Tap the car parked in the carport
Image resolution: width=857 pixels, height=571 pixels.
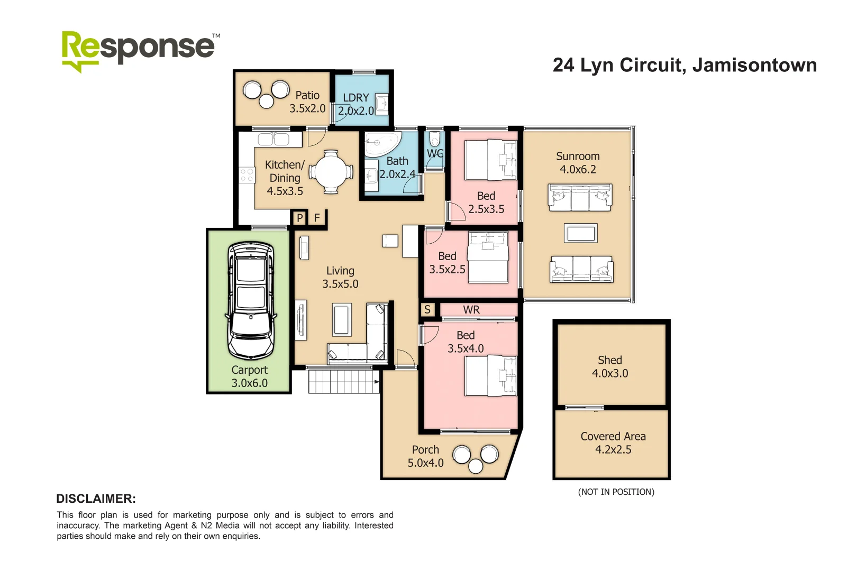251,300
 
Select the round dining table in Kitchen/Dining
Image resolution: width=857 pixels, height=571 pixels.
331,172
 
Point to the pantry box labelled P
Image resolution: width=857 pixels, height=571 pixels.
299,218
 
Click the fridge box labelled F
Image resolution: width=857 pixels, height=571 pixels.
317,218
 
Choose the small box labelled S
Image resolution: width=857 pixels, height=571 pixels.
427,310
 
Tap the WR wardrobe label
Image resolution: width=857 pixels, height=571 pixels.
471,310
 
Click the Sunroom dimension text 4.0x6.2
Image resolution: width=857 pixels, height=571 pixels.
578,170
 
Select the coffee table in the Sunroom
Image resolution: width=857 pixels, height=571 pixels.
580,233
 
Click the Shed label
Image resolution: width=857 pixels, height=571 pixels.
609,360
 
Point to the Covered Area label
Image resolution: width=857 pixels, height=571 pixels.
613,437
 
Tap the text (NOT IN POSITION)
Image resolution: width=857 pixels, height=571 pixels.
616,492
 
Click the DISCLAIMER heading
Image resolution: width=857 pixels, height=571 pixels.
96,499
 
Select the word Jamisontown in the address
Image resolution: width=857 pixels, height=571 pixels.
754,65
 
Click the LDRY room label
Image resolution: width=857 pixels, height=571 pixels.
355,98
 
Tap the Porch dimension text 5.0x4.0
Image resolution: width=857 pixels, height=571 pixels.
425,463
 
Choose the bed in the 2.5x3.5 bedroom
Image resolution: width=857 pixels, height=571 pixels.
490,160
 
